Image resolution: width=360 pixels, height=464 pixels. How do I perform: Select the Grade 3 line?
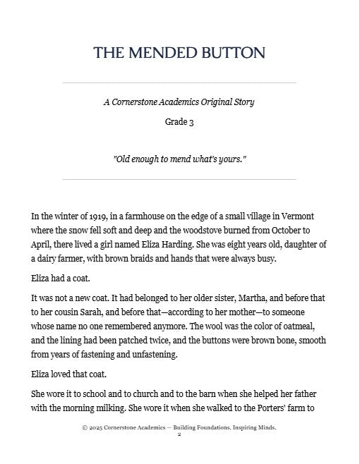[179, 121]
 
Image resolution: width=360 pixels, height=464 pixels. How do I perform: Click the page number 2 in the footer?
[179, 434]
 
